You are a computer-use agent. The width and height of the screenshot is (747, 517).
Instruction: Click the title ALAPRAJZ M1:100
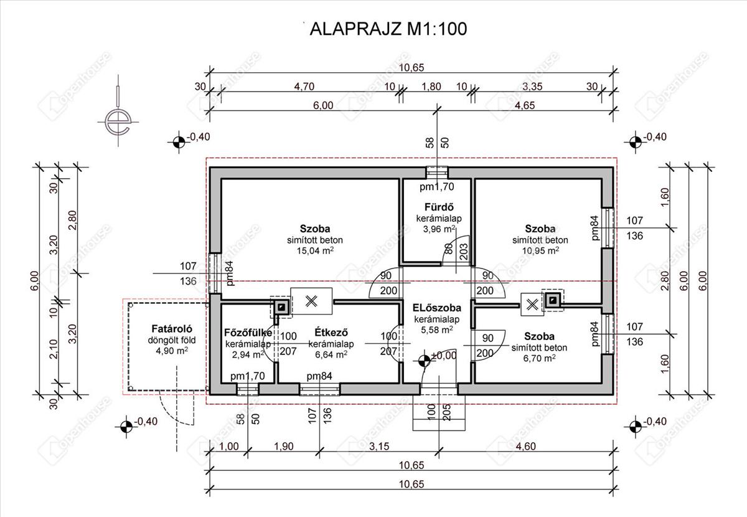[x=388, y=29]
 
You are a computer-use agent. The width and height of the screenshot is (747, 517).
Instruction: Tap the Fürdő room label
[x=438, y=207]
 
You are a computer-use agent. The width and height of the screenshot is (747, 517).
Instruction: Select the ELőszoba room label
[x=436, y=308]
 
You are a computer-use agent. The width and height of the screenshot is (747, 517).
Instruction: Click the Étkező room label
[x=331, y=332]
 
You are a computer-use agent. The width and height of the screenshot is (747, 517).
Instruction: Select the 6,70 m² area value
[x=540, y=358]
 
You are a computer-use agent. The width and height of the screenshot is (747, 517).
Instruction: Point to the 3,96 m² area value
[x=438, y=229]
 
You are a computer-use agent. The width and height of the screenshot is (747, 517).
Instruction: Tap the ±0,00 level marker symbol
[x=424, y=359]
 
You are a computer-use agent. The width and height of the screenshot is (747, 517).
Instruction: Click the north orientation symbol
[x=116, y=120]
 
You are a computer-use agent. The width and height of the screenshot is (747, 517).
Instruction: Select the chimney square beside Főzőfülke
[x=281, y=305]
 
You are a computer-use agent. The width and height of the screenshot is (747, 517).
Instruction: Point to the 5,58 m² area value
[x=436, y=330]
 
